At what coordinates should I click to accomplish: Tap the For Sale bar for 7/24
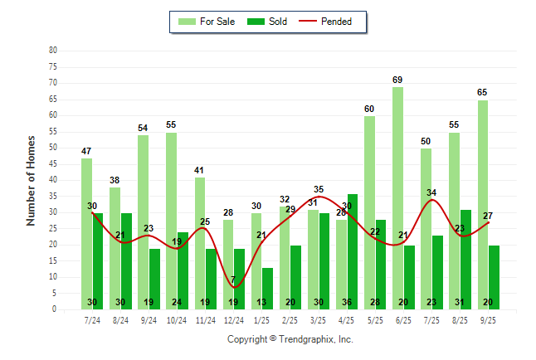[x=86, y=233]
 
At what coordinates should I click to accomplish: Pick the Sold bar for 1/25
[x=268, y=288]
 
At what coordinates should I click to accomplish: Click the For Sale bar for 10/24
[x=171, y=221]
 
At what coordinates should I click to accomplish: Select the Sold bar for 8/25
[x=465, y=259]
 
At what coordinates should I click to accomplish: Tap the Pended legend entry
[x=335, y=22]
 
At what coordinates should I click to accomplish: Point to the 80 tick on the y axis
[x=53, y=50]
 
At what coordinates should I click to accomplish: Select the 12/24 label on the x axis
[x=233, y=319]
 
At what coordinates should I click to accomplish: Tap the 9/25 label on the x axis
[x=488, y=319]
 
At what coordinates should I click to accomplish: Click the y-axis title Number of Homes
[x=31, y=180]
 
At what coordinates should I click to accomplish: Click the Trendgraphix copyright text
[x=290, y=339]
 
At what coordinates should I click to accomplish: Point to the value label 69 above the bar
[x=397, y=80]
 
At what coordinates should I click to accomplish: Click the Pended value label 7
[x=233, y=280]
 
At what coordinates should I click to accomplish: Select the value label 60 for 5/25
[x=369, y=109]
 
